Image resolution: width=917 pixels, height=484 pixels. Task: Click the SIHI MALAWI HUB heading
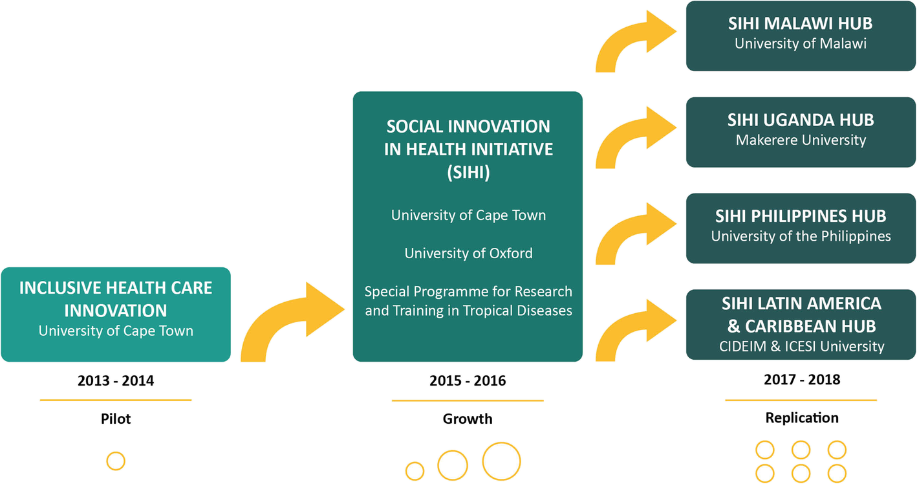tap(801, 24)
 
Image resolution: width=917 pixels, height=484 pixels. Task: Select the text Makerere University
tap(801, 140)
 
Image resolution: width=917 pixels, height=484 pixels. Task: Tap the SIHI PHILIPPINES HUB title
tap(801, 216)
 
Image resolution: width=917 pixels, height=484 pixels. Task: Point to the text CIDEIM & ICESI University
tap(801, 346)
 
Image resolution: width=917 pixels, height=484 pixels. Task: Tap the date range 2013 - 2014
tap(116, 381)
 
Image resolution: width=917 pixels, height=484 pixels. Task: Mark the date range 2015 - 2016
tap(468, 381)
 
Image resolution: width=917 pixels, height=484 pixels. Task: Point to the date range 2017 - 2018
tap(802, 380)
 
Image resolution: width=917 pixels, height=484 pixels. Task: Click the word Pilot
tap(116, 419)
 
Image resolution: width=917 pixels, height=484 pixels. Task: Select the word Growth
tap(468, 419)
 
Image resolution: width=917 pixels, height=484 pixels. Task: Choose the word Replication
tap(802, 417)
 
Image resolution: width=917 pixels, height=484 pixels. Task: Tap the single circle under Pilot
tap(116, 452)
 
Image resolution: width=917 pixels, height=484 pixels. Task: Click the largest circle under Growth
tap(501, 443)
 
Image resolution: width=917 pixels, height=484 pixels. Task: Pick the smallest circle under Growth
tap(415, 462)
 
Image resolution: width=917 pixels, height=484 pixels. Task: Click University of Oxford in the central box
tap(468, 254)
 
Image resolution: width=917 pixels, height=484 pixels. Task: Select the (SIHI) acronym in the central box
tap(468, 172)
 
